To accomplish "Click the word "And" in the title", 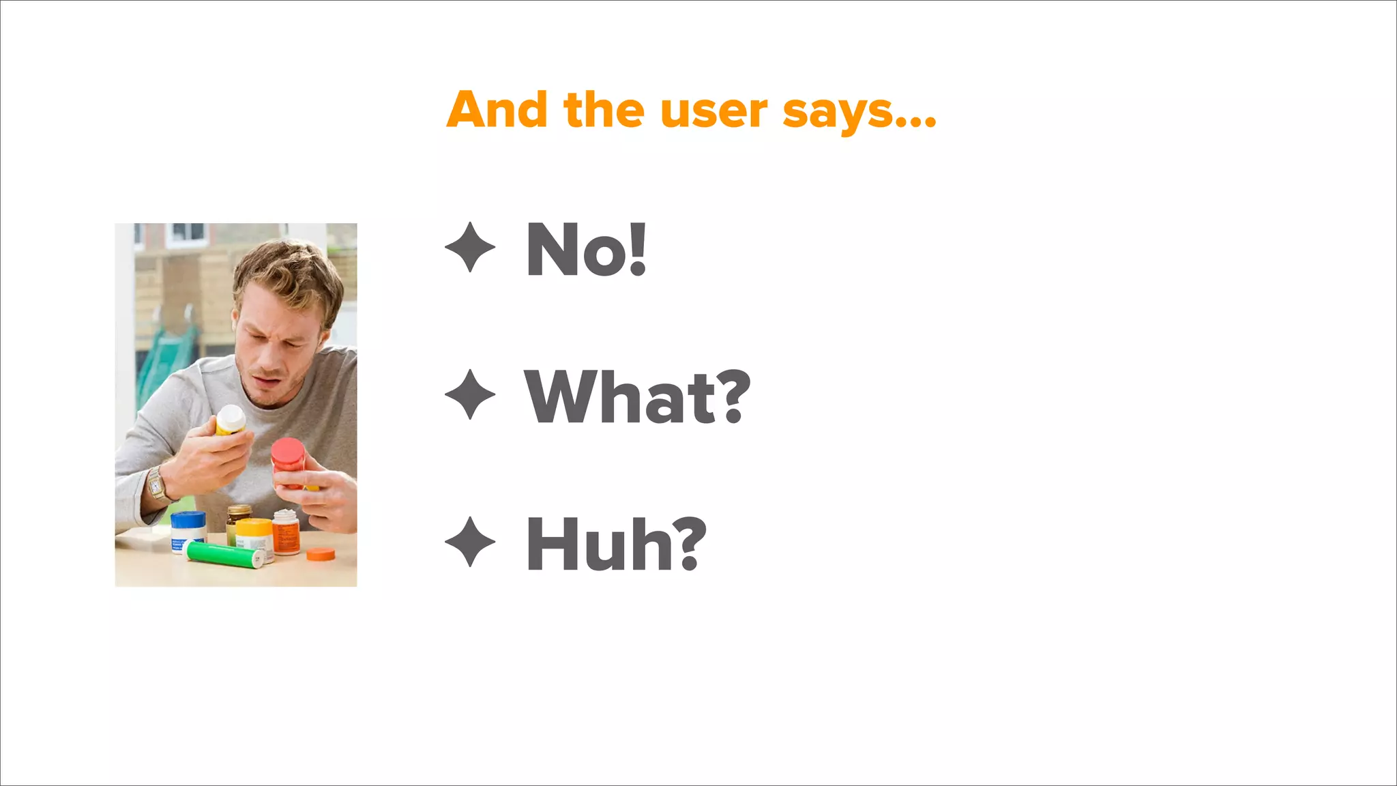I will coord(497,110).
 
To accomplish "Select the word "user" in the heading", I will coord(714,111).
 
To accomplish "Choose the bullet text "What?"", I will coord(637,397).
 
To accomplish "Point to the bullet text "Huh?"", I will coord(616,544).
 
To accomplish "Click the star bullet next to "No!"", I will coord(470,247).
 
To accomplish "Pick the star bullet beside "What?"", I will coord(470,394).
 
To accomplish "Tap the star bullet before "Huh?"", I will coord(470,542).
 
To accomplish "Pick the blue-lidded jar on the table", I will coord(188,530).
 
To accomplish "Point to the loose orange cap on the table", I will coord(321,554).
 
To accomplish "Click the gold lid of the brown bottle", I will coord(239,510).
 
